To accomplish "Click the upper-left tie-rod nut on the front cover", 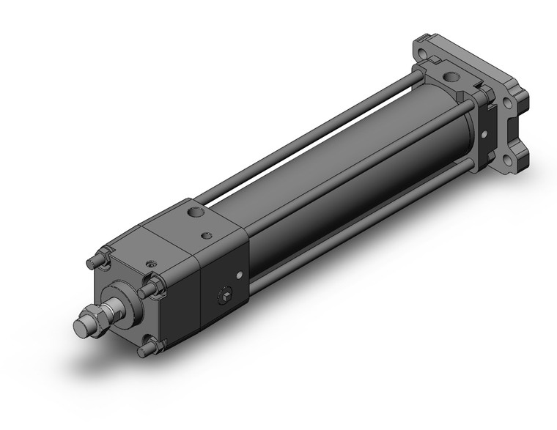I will tap(100, 259).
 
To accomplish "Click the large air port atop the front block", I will tap(195, 213).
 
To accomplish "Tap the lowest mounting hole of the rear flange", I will tap(507, 159).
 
